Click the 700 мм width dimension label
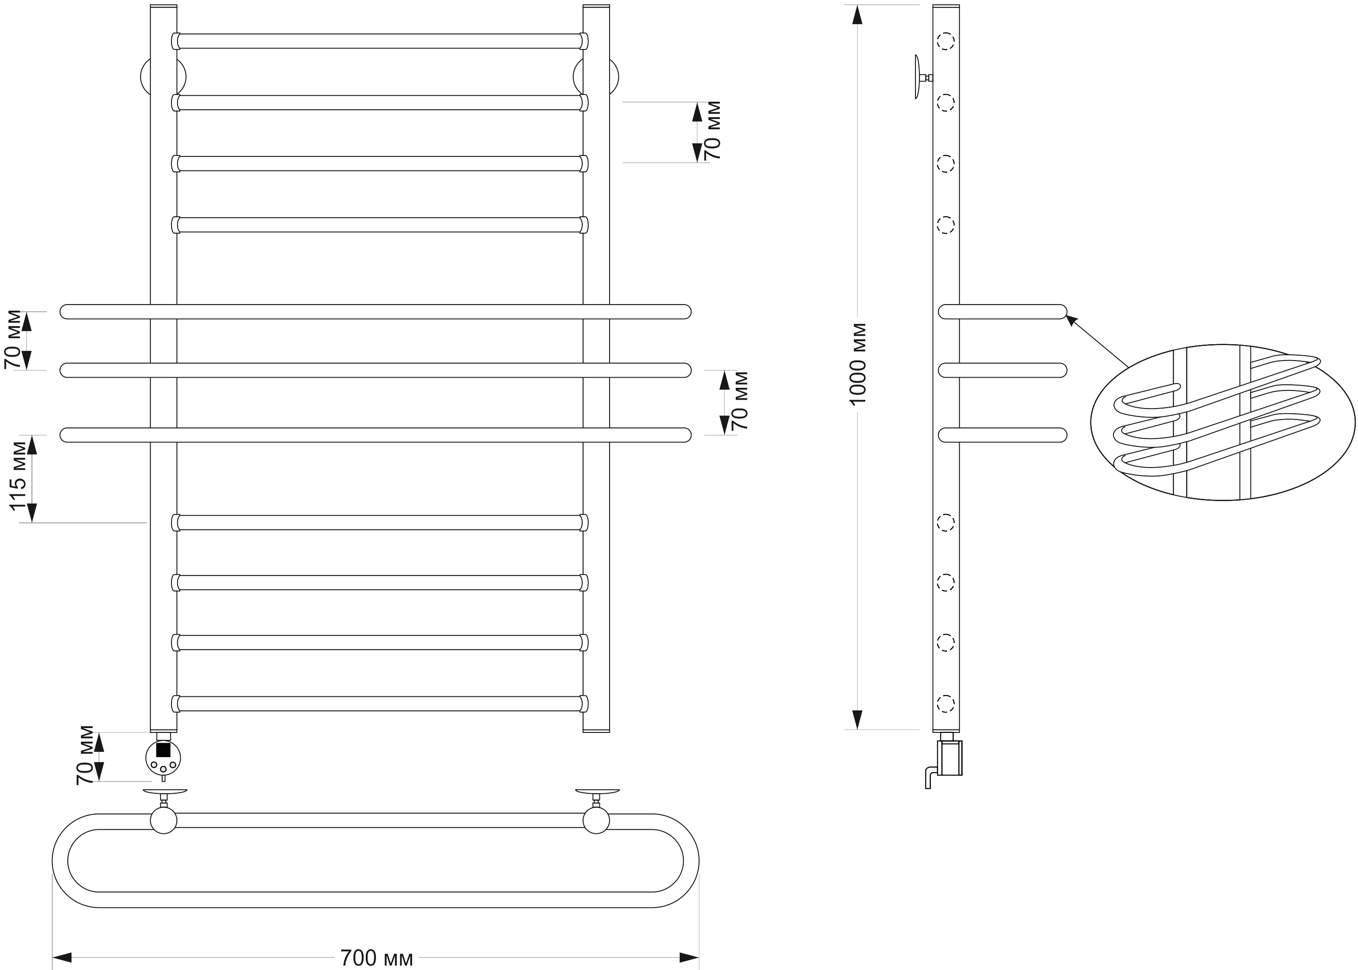click(x=376, y=958)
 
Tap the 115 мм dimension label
click(x=19, y=476)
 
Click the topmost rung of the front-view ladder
click(x=380, y=41)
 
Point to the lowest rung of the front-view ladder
click(x=380, y=704)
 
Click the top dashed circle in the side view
click(x=945, y=41)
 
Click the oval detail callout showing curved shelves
click(x=1222, y=422)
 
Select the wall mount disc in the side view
click(x=917, y=77)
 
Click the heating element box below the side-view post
click(x=949, y=758)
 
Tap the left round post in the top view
click(x=164, y=820)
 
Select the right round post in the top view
click(x=596, y=820)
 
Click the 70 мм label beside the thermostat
click(x=86, y=755)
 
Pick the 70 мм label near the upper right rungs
click(x=712, y=130)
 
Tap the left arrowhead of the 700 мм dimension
click(x=63, y=958)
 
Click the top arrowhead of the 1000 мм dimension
click(x=858, y=15)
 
